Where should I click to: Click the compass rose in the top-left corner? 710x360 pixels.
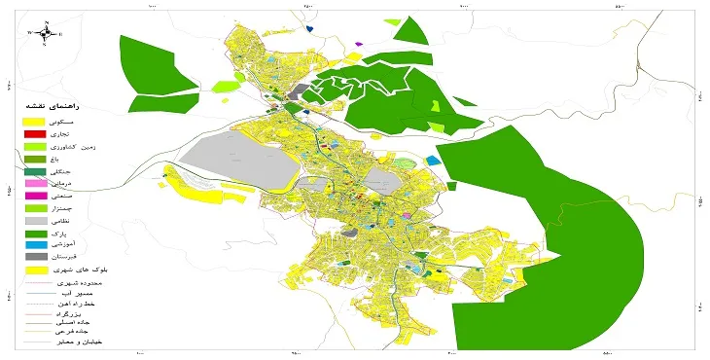(45, 33)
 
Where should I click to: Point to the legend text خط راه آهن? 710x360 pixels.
(77, 304)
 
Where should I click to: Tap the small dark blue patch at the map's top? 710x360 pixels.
(308, 28)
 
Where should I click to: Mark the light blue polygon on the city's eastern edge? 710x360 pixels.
(433, 156)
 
